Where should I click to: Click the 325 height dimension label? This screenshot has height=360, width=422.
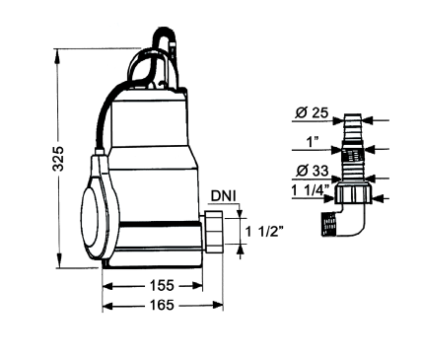point(58,159)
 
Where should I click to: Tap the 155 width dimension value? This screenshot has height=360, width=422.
point(162,285)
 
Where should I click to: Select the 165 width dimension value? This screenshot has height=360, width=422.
point(162,305)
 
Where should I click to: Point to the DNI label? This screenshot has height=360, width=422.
point(223,196)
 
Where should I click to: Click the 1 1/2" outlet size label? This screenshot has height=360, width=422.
point(264,232)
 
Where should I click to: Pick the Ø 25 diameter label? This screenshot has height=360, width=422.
point(312,112)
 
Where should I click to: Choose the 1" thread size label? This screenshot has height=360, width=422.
point(313,142)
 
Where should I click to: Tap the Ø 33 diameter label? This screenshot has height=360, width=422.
point(313,171)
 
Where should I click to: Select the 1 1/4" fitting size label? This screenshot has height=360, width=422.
point(311,190)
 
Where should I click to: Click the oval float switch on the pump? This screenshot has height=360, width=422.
point(99,210)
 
